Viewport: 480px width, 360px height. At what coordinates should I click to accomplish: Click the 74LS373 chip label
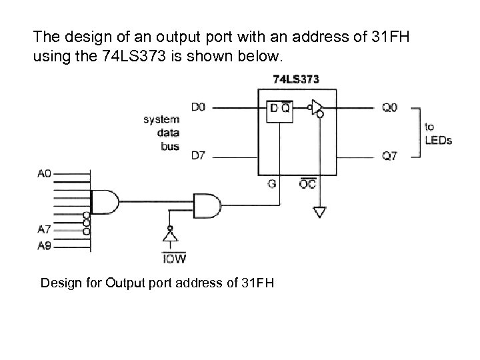tap(296, 79)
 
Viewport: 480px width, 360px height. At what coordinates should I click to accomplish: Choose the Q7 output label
tap(390, 156)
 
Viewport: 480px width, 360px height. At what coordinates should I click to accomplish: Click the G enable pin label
tap(272, 184)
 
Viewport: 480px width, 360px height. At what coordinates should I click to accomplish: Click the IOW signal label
tap(174, 257)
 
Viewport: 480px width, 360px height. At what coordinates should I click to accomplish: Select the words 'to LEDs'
tap(438, 133)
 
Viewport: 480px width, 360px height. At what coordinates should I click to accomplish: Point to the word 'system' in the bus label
tap(161, 119)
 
